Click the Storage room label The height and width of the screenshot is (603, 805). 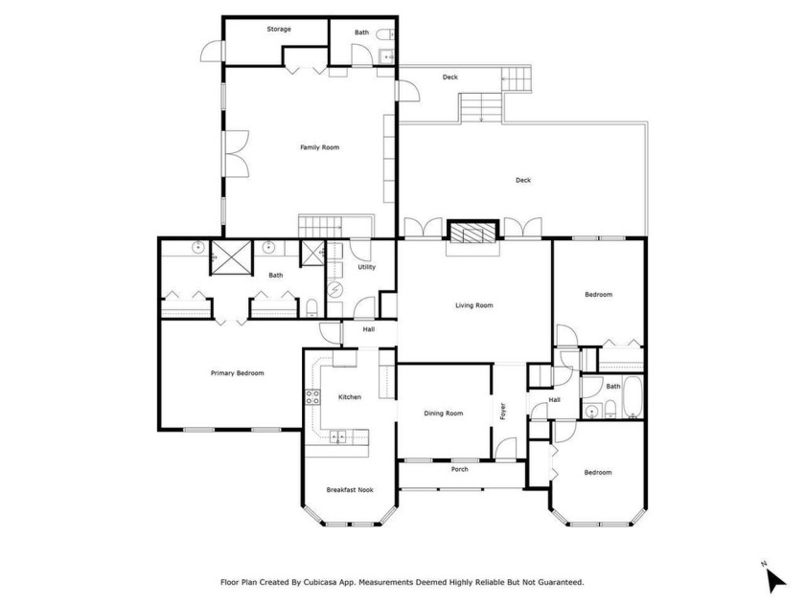pos(279,30)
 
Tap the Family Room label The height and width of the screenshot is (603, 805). pos(319,147)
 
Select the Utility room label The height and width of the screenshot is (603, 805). pos(366,267)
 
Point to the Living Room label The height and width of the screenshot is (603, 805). pos(473,305)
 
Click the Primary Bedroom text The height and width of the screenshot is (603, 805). pos(237,373)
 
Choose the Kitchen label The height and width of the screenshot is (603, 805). pos(349,397)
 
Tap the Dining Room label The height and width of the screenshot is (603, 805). pos(444,413)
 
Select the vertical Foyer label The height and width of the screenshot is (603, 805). pos(503,411)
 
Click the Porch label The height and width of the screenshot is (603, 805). pos(460,469)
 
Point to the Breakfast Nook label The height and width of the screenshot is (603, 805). pos(350,490)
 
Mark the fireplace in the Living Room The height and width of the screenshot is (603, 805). pos(473,233)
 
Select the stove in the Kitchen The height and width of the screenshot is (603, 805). pos(311,396)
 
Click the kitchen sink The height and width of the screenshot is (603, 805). pos(339,437)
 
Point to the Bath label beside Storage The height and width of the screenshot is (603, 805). pos(361,33)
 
